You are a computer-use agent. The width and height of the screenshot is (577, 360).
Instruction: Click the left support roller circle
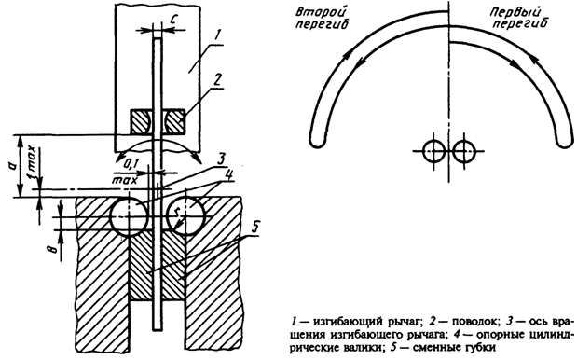pos(130,217)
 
